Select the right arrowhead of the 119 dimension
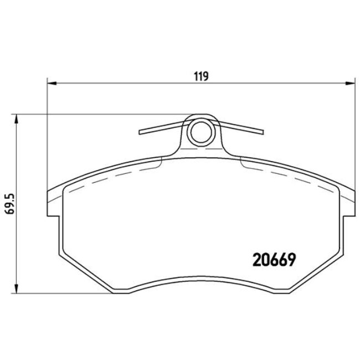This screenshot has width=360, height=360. (349, 84)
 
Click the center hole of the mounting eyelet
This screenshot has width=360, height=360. (200, 131)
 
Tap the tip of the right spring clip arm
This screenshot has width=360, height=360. (262, 132)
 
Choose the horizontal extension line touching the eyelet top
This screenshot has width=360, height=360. (100, 115)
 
